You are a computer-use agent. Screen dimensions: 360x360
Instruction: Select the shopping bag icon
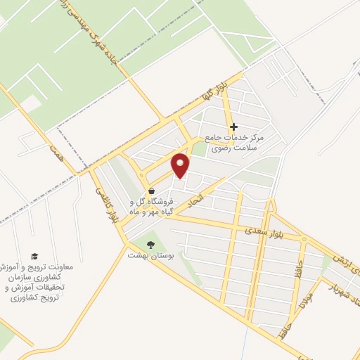(x=151, y=191)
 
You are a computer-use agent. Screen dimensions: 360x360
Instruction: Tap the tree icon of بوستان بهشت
(x=150, y=245)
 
